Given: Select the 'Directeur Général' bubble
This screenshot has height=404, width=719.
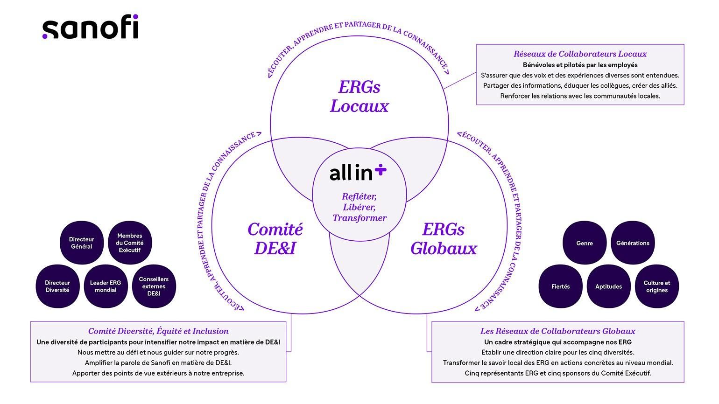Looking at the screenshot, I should pos(82,243).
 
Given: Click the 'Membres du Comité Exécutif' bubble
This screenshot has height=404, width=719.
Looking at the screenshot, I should pos(130,243).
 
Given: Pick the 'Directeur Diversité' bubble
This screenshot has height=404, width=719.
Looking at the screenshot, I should pos(57,286).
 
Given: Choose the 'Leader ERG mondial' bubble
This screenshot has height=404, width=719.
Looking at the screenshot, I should pos(106,286).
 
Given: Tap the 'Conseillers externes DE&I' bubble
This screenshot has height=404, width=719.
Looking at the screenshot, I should pos(154,286).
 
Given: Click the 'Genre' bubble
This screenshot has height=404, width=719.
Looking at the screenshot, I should pos(585,243).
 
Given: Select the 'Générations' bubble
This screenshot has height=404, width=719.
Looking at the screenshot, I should pos(633,243).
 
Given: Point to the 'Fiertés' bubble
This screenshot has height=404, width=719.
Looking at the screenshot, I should pos(560,286).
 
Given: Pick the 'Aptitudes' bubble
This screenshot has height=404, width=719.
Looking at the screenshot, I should pos(608,286).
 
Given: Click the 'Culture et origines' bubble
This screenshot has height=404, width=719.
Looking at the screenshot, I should pos(657,286).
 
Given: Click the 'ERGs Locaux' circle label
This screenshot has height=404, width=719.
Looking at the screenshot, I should pos(359,97).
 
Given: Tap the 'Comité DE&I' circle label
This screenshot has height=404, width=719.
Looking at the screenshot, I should pos(275,238).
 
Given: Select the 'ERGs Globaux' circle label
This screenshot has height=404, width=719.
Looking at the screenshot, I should pos(444,238).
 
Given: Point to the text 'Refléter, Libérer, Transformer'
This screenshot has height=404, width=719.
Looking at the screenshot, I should pos(359,207).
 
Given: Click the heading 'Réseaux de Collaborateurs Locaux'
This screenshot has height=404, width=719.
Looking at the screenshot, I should pos(580,54).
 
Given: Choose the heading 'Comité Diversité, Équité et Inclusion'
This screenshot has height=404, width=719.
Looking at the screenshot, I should pos(158,331).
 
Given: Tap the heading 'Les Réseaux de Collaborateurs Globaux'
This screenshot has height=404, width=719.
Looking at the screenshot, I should pos(558,331).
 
